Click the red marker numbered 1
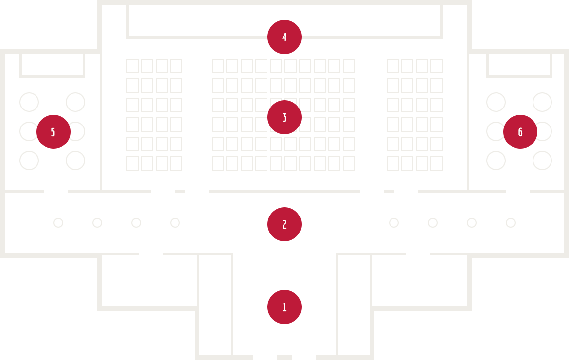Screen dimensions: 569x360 click(x=284, y=307)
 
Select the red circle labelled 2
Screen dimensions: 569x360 click(x=284, y=224)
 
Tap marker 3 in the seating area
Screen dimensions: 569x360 click(x=284, y=117)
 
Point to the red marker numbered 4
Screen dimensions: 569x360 click(x=284, y=37)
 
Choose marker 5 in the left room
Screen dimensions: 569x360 click(x=53, y=132)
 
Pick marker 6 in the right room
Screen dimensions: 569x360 click(x=520, y=132)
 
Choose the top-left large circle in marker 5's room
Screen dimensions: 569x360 click(x=29, y=93)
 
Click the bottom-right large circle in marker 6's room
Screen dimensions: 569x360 click(x=542, y=169)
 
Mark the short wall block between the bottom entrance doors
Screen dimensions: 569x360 click(x=284, y=358)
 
